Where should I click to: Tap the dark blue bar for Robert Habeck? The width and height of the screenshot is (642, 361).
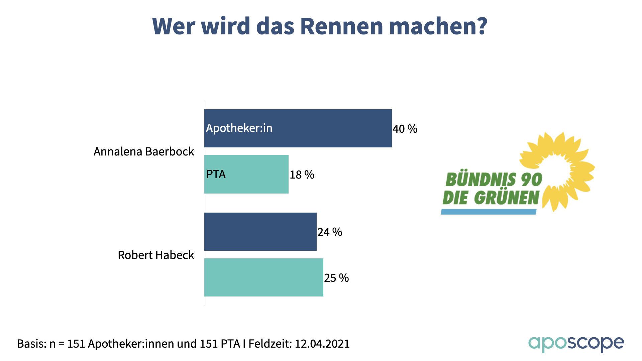(x=260, y=232)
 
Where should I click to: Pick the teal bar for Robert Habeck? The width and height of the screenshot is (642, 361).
(x=263, y=277)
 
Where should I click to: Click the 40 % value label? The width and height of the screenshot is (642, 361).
(x=405, y=129)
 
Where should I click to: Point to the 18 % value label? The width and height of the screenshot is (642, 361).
(x=302, y=175)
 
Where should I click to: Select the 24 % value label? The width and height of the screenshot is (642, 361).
(x=330, y=232)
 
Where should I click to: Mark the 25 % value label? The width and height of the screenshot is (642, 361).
(x=336, y=278)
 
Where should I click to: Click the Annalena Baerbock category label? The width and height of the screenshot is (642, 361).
(x=144, y=152)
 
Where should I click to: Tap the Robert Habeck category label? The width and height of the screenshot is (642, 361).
(x=156, y=255)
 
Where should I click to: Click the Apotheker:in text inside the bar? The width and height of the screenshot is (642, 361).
(x=239, y=128)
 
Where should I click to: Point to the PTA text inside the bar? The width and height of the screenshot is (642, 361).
(x=216, y=174)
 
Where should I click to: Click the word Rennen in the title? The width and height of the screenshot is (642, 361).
(x=341, y=26)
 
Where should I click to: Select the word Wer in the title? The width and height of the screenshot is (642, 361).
(x=174, y=26)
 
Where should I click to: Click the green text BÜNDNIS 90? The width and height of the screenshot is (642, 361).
(x=494, y=180)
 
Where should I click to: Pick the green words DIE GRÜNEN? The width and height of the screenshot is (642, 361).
(x=491, y=198)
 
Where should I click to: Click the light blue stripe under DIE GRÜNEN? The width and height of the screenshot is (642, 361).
(x=489, y=212)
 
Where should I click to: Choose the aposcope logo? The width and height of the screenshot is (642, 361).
(x=576, y=344)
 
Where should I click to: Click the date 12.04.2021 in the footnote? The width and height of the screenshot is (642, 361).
(x=322, y=344)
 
